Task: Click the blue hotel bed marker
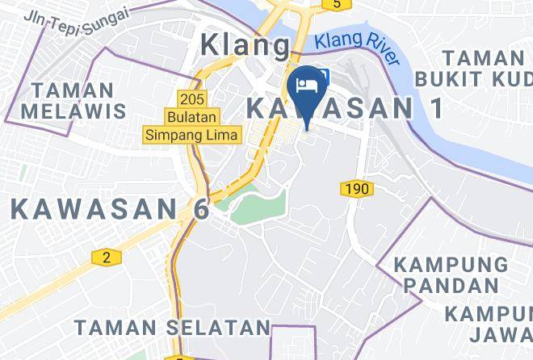(307, 86)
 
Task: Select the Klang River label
(357, 47)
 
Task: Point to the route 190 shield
(356, 188)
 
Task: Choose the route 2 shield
(106, 257)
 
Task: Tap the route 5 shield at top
(334, 4)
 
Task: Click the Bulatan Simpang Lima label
(192, 126)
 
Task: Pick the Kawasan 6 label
(110, 208)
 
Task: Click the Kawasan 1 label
(346, 107)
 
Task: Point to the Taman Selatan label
(172, 327)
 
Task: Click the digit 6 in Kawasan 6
(199, 208)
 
